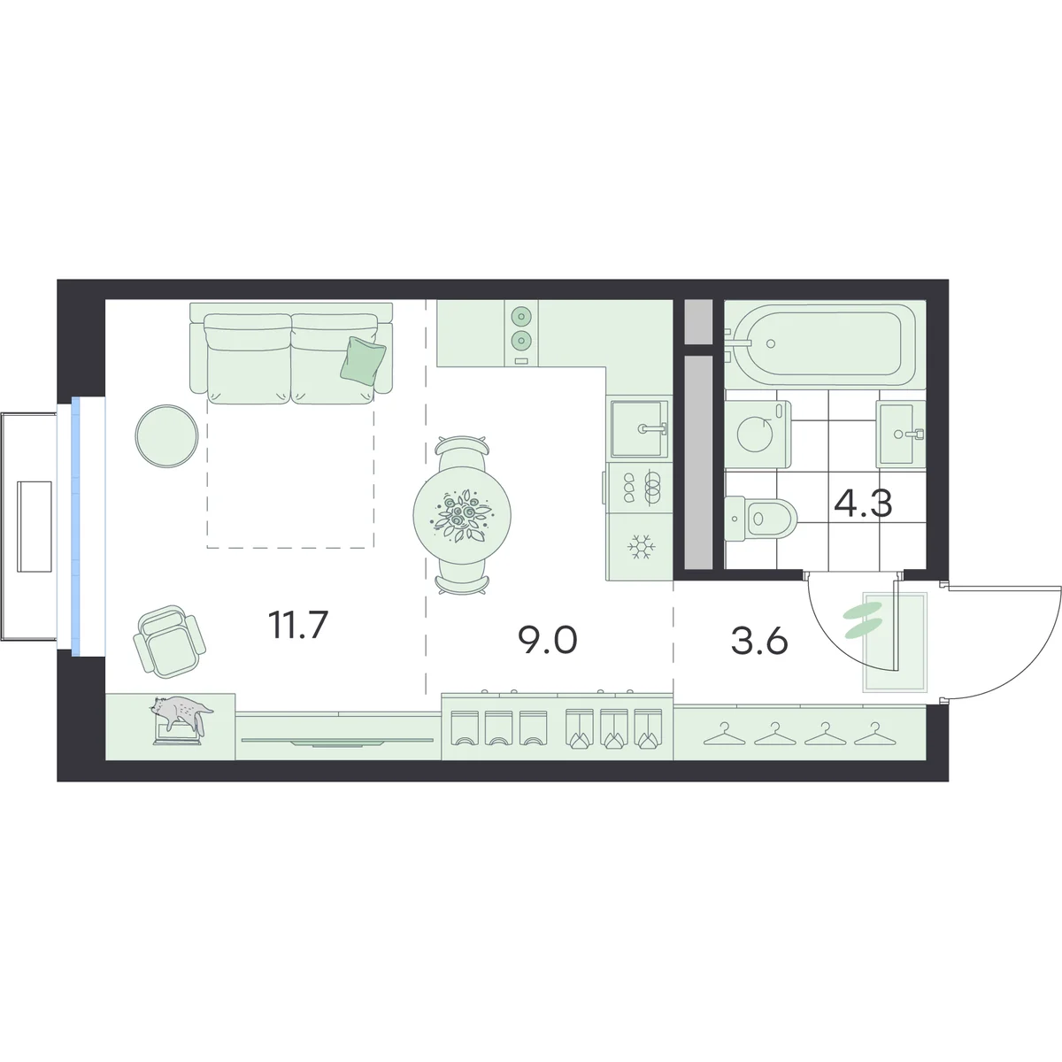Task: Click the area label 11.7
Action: point(298,626)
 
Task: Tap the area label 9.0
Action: point(548,641)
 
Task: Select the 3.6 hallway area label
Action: point(759,642)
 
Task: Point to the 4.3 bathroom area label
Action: point(863,504)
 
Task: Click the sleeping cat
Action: point(181,716)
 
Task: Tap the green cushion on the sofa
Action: point(363,360)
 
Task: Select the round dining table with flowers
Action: point(462,515)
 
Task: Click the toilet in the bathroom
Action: point(760,517)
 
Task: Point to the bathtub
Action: point(820,343)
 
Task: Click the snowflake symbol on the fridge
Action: point(640,547)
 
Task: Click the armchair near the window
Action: point(169,641)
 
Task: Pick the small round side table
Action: point(166,435)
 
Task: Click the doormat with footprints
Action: point(895,642)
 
